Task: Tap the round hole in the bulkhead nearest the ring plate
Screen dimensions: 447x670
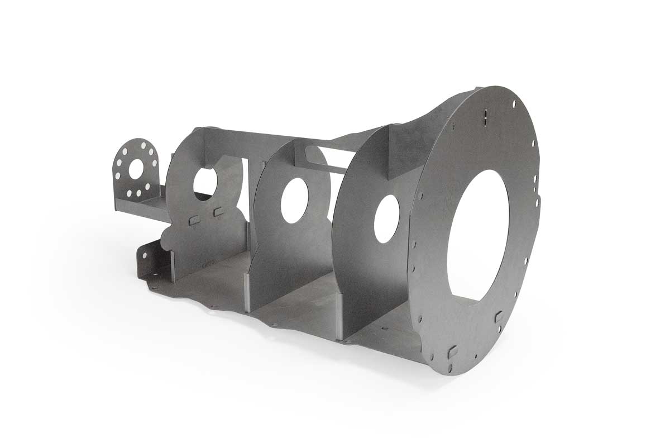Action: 386,218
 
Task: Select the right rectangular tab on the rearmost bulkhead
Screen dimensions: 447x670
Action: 218,211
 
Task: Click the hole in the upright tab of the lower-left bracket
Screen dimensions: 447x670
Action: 145,255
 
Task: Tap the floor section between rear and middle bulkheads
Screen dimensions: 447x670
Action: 215,279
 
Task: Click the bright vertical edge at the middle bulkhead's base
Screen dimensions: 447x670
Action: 246,291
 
